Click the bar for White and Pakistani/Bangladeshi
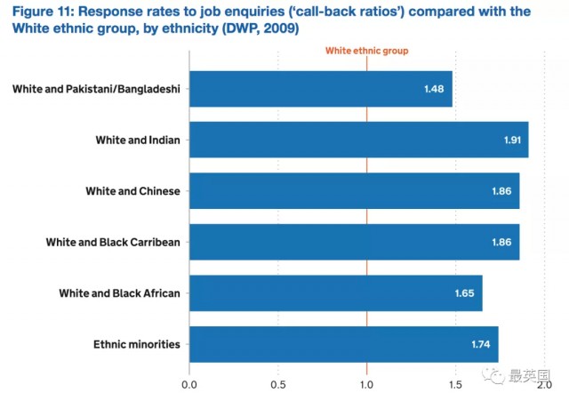(320, 89)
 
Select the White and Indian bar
(358, 140)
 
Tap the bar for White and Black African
(335, 293)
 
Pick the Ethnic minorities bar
(343, 344)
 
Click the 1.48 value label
(434, 89)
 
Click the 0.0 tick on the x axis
(189, 386)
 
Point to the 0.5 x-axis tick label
(278, 386)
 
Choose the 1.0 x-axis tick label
(366, 386)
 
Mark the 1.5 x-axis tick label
(455, 386)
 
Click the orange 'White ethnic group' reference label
(366, 52)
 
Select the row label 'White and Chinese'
(132, 191)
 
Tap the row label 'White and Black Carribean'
(114, 242)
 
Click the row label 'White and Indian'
(138, 140)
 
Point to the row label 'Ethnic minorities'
(137, 344)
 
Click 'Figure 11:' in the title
(43, 11)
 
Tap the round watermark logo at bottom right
(493, 376)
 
